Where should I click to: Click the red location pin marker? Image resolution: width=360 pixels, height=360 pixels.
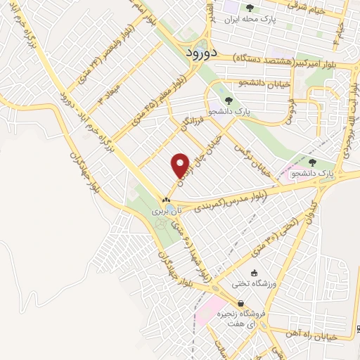pos(181,165)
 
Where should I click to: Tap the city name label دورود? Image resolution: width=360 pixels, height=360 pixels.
pos(201,53)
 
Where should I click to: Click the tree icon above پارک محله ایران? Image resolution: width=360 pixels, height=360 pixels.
pos(249,9)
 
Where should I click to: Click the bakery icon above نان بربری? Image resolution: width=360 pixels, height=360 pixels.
pos(167,200)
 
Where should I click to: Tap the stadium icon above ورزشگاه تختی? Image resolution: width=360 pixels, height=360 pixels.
pos(254,274)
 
